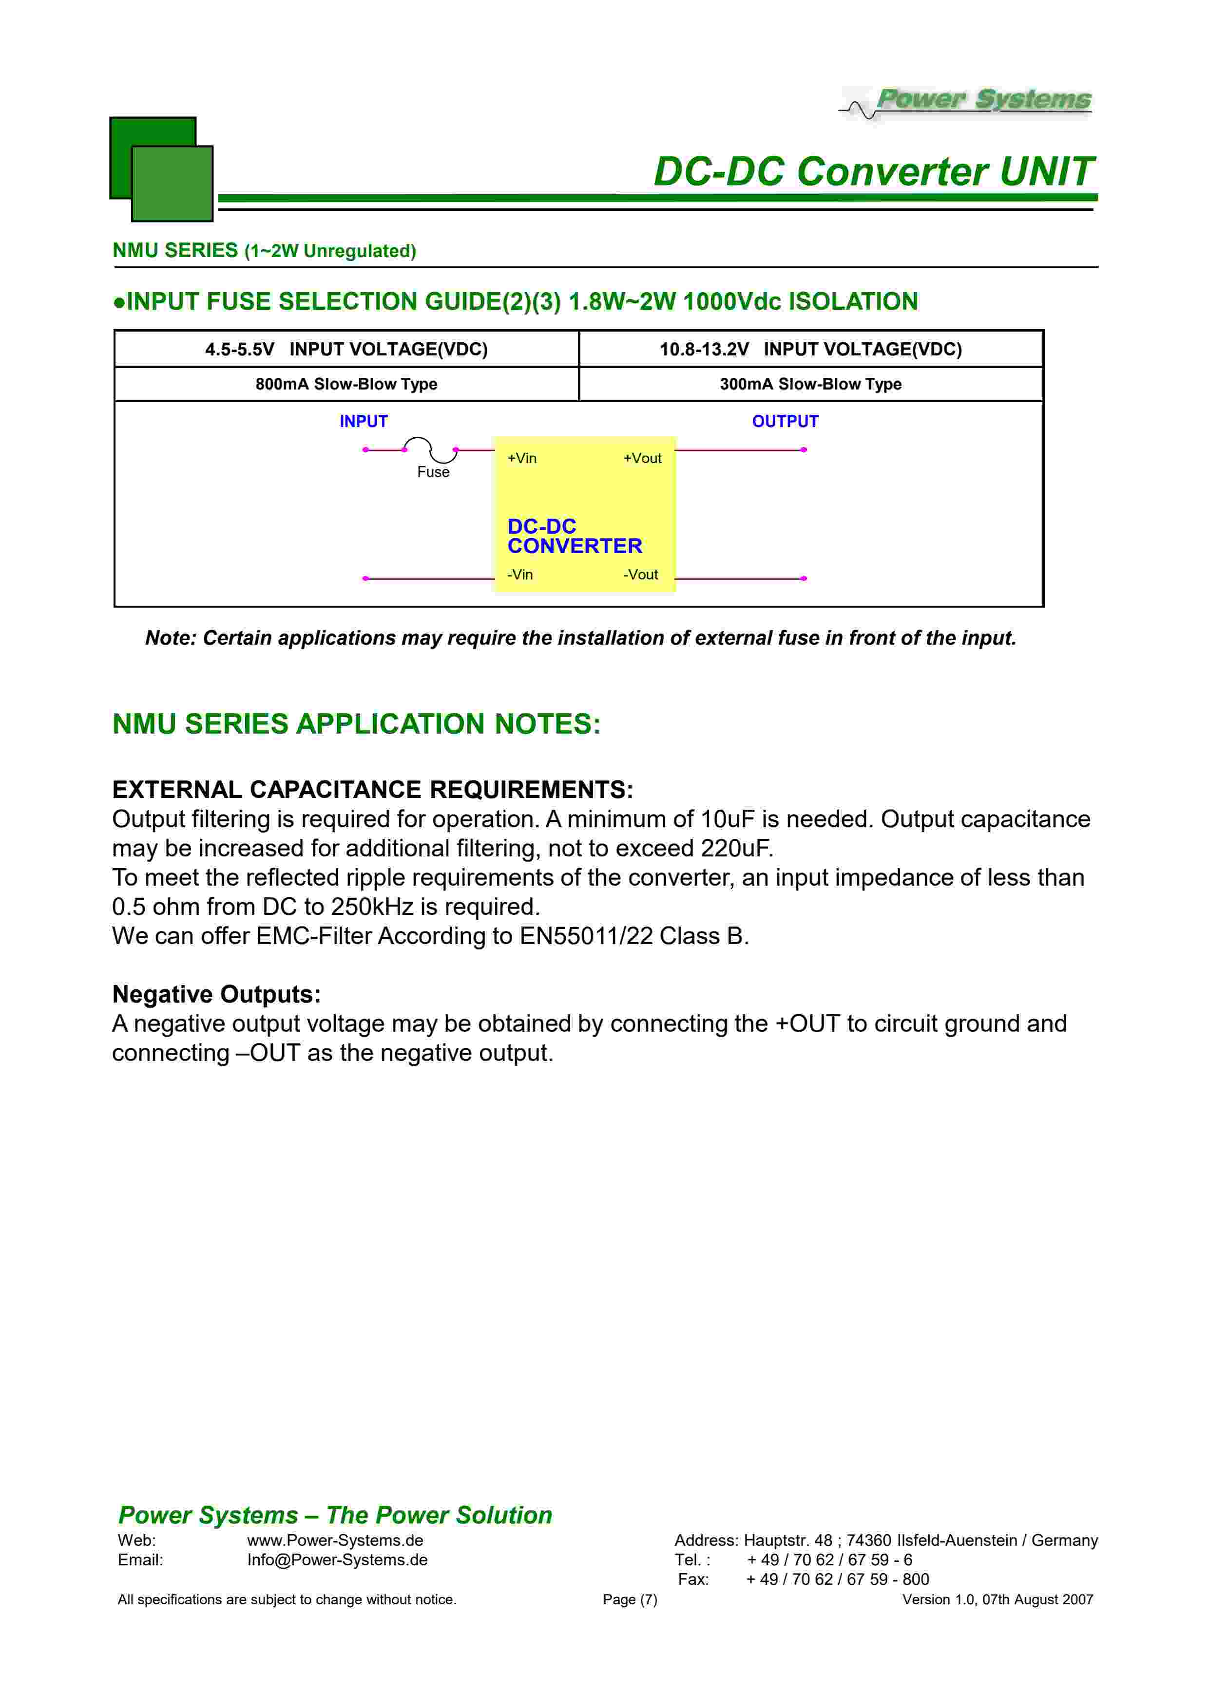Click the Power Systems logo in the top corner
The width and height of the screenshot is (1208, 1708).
pos(968,102)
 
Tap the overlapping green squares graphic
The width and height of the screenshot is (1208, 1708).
pos(161,169)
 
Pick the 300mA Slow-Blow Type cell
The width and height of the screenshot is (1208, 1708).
pos(810,384)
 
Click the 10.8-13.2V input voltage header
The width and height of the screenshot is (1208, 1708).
pos(810,349)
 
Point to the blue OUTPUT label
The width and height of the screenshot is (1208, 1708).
pos(785,421)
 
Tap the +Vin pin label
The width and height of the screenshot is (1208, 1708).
pos(522,458)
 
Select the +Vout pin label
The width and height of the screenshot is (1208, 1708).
pos(642,458)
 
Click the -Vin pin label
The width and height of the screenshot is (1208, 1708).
pos(520,575)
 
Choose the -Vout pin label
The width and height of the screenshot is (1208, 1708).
pos(640,575)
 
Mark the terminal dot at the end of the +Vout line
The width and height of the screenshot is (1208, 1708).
pos(804,449)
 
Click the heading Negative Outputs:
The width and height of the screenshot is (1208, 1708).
pos(216,994)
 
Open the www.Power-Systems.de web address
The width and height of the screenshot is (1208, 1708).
pos(335,1540)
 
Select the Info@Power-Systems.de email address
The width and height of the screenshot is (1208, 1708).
pos(337,1559)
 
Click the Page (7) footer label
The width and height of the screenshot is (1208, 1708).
pos(630,1599)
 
